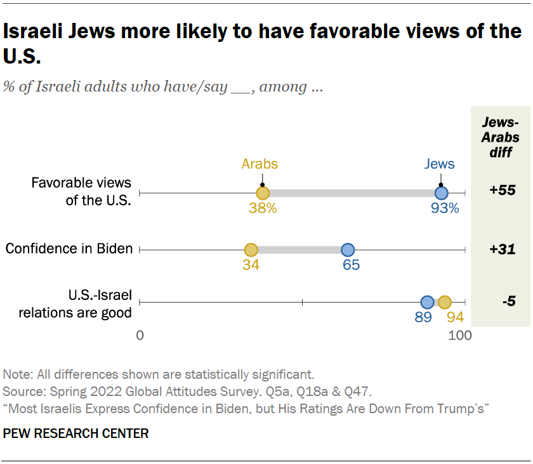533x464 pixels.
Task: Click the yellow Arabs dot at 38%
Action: pos(263,193)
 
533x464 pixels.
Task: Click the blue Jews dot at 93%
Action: pos(441,193)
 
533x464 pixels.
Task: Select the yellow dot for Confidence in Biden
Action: pos(251,250)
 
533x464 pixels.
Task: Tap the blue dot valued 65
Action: pos(348,250)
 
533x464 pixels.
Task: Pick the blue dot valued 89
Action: pos(428,303)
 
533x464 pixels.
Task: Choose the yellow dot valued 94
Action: pos(444,303)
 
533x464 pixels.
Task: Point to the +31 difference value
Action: pos(502,249)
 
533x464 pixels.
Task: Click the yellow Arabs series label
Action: pos(260,164)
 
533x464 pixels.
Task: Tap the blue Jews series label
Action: pos(440,164)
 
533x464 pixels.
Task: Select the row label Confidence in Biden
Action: pos(69,249)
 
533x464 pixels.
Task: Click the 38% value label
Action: pos(263,208)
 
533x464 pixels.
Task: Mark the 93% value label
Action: pos(444,208)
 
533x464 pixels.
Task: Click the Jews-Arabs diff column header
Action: pos(501,137)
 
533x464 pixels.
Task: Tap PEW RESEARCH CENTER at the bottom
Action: pos(76,433)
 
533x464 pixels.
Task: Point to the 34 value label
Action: pos(251,265)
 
